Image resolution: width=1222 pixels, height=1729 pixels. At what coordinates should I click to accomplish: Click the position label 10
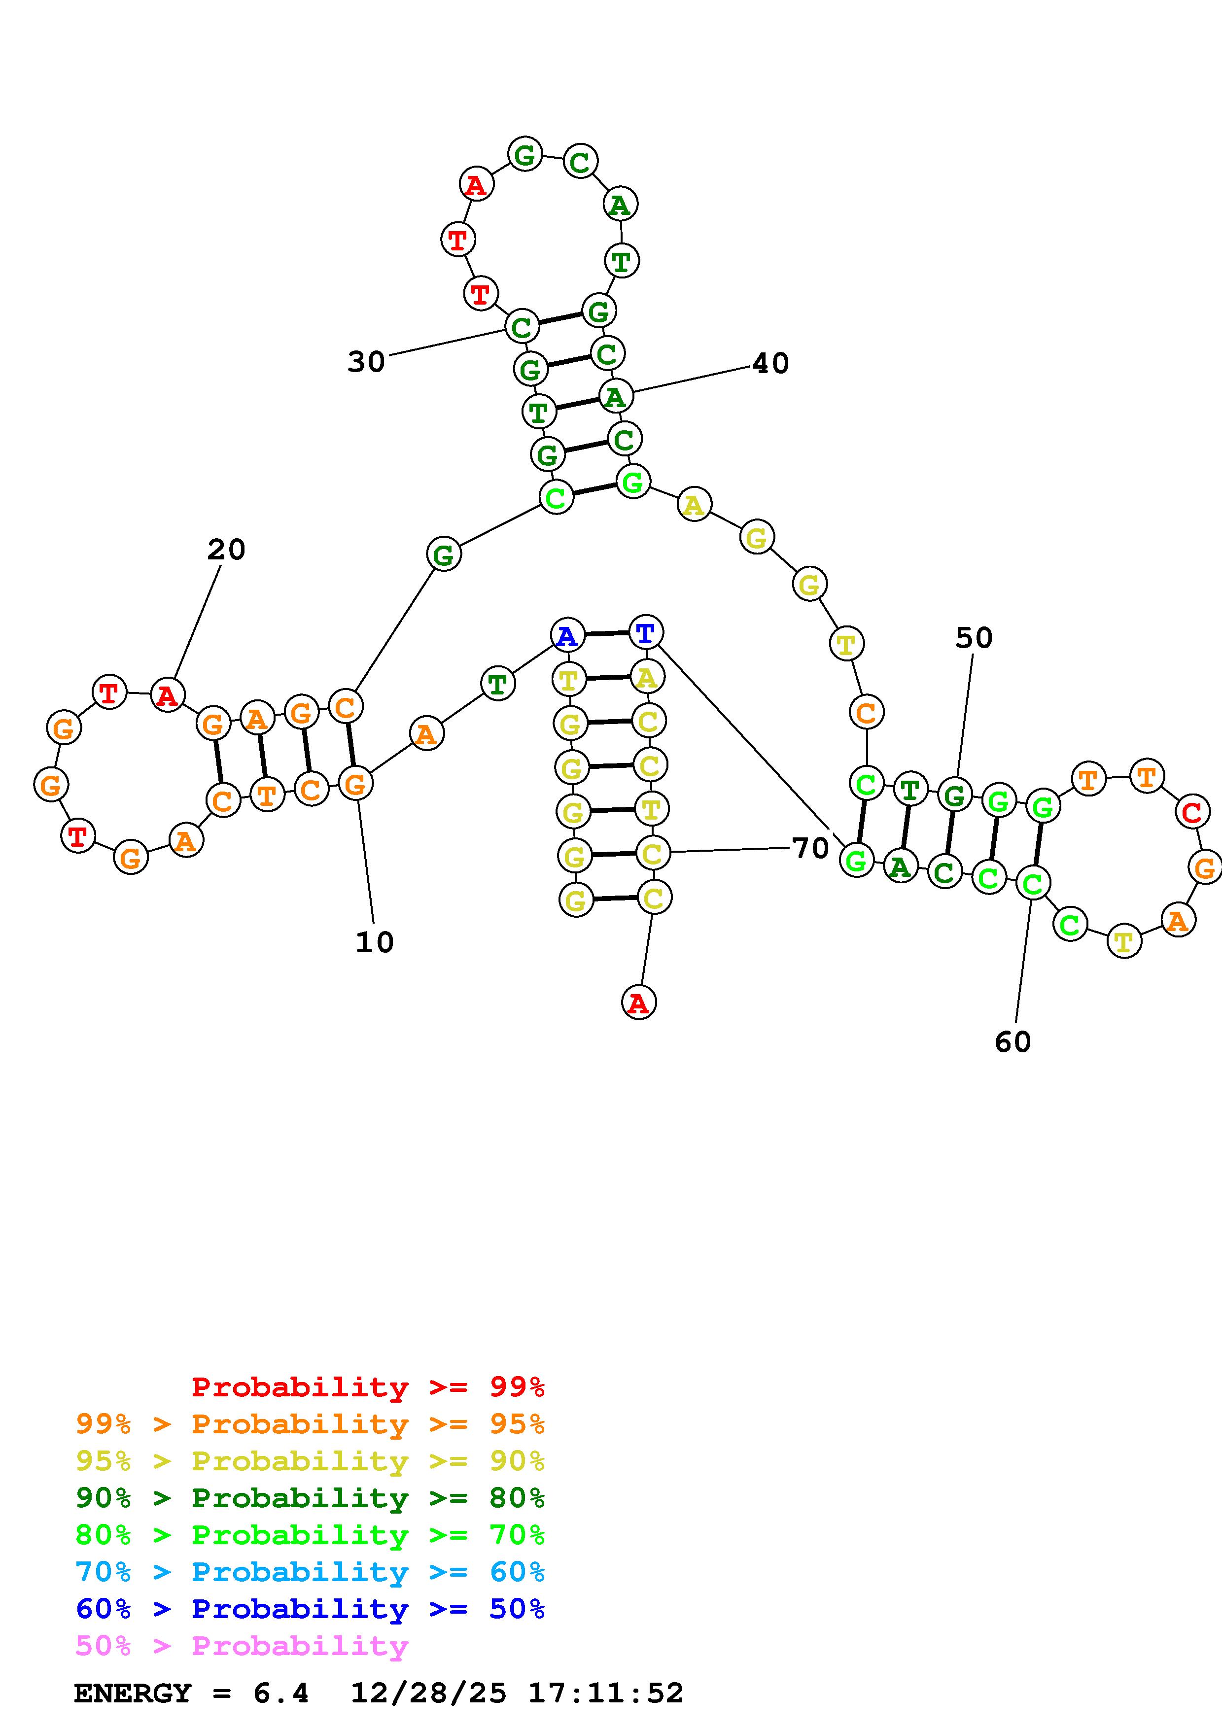tap(374, 942)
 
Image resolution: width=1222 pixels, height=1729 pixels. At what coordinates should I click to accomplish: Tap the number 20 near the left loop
tap(226, 550)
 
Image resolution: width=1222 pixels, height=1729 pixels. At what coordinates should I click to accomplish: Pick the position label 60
tap(1013, 1042)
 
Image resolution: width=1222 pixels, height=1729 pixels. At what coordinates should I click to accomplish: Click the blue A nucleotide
tap(567, 636)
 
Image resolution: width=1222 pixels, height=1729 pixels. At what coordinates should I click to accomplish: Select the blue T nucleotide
tap(645, 632)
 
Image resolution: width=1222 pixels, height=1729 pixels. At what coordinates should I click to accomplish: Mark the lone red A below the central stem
tap(638, 1003)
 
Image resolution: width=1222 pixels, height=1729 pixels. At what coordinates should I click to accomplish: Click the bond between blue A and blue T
tap(606, 634)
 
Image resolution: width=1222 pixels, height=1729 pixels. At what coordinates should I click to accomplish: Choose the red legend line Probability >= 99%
tap(368, 1387)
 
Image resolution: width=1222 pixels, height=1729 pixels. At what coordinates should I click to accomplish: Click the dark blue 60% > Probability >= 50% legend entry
tap(310, 1609)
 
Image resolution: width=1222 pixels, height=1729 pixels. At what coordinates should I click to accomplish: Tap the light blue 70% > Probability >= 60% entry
tap(310, 1572)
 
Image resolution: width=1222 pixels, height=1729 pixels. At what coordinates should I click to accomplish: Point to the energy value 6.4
tap(281, 1694)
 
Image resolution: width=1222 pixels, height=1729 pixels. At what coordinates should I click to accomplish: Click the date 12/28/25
tap(428, 1694)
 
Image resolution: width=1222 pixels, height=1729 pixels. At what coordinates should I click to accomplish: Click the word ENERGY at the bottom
tap(133, 1694)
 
